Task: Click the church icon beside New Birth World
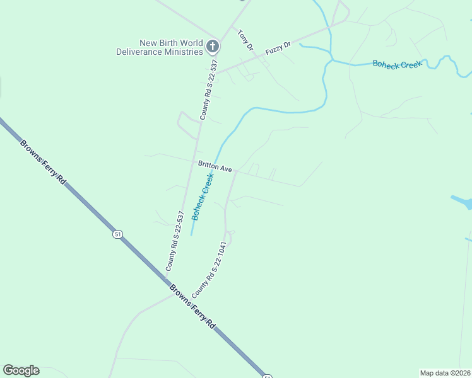coord(213,46)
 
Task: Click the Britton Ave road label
coord(215,166)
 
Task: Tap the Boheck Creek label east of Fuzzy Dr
coord(396,64)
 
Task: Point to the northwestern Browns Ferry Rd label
coord(42,161)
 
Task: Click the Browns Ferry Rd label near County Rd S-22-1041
coord(192,307)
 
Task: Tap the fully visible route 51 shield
coord(117,234)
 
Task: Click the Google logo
coord(21,370)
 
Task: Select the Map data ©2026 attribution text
coord(445,373)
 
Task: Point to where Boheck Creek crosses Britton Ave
coord(217,161)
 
